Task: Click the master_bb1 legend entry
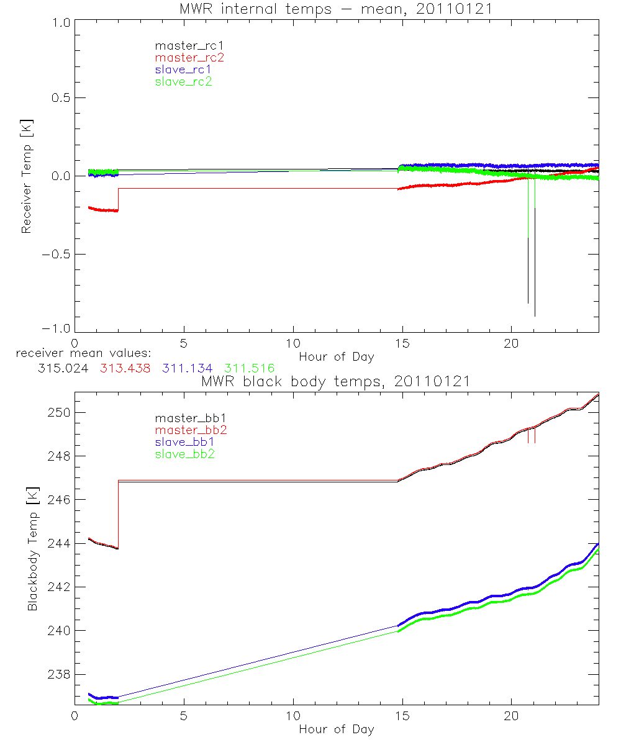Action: [x=186, y=418]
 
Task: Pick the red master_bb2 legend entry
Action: [x=186, y=430]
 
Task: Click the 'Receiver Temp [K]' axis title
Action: [x=27, y=176]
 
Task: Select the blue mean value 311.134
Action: [x=187, y=369]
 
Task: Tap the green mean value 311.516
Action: [x=249, y=369]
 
